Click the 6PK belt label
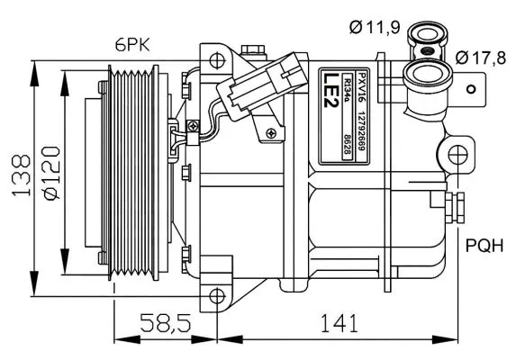tap(132, 45)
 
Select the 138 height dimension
tap(22, 175)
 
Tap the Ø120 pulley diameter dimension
tap(51, 174)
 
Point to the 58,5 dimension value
tap(166, 323)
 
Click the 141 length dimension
tap(339, 323)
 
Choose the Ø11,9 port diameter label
tap(375, 27)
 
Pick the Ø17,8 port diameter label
tap(481, 58)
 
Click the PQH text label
tap(484, 246)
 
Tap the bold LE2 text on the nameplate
tap(330, 90)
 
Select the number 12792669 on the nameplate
tap(361, 130)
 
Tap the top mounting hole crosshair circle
tap(217, 60)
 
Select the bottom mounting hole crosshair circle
tap(217, 296)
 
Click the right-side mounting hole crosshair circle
tap(457, 155)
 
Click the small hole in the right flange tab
tap(471, 89)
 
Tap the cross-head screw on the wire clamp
tap(194, 126)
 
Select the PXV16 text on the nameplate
tap(361, 88)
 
